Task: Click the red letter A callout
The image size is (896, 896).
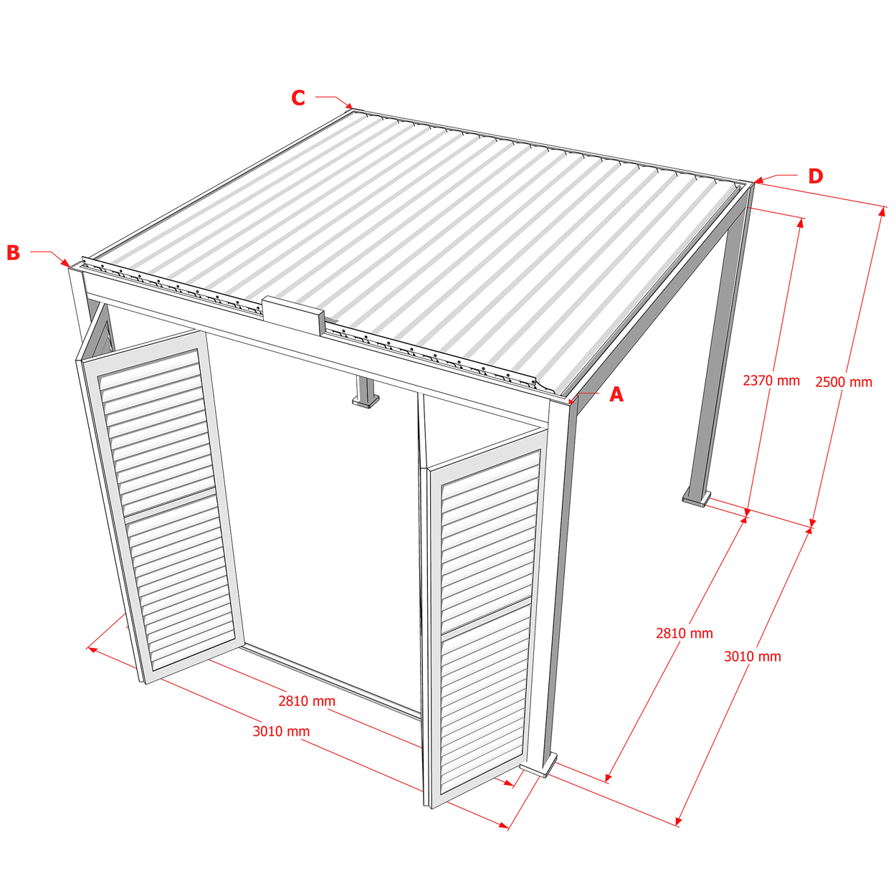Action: click(616, 394)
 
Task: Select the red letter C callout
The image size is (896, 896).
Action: click(298, 97)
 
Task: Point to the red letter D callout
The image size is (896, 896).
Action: click(816, 176)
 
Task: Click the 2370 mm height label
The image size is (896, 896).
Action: click(771, 381)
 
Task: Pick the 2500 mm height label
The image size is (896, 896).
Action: click(844, 382)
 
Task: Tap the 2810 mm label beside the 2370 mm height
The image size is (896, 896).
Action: click(684, 633)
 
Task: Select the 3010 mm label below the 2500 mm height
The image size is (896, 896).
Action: click(753, 657)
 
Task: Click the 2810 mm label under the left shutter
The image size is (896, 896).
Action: click(307, 701)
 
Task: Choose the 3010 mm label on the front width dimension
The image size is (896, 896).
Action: click(281, 731)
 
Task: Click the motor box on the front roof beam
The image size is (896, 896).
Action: click(292, 315)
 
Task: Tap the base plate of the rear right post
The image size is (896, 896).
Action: click(696, 498)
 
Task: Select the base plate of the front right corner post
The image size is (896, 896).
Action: click(538, 766)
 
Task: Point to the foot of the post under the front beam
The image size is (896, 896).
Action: click(366, 401)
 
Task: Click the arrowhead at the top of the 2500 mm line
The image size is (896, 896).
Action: click(882, 211)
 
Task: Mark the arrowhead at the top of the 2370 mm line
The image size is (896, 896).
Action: click(801, 223)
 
